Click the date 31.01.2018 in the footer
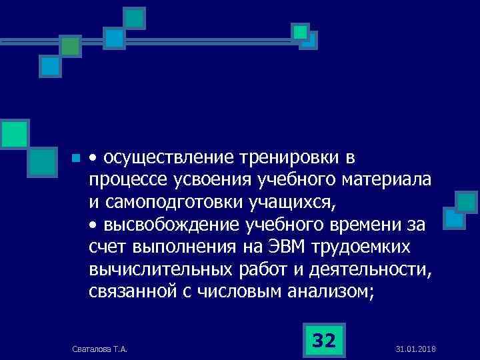coord(415,350)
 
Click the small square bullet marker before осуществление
coord(76,159)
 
